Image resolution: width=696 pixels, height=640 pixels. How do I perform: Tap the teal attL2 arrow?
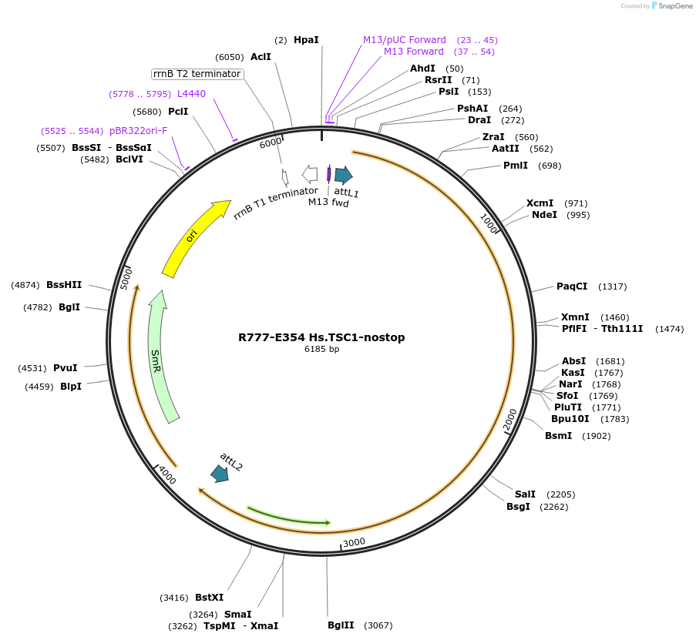coord(220,473)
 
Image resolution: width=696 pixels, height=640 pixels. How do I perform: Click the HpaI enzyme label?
coord(306,39)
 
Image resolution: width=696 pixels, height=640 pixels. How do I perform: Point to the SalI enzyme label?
coord(525,494)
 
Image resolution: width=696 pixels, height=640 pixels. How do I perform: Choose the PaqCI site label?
coord(572,286)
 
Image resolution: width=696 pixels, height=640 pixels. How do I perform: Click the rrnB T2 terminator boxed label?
coord(197,74)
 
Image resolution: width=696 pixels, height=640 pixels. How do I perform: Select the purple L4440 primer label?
coord(191,93)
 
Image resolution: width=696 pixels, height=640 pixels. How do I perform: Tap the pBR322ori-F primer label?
coord(138,131)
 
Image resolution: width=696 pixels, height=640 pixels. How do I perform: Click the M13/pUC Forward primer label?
coord(405,39)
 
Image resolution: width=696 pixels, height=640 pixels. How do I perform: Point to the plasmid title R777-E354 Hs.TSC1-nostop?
coord(321,337)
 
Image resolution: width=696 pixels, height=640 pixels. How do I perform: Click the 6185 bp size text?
coord(321,350)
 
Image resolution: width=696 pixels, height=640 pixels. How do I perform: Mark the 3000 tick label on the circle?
coord(354,542)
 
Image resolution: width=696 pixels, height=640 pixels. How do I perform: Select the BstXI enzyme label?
coord(209,597)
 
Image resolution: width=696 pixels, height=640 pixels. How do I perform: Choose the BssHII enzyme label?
coord(64,285)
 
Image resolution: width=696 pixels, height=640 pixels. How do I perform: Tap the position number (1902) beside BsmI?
coord(596,436)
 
